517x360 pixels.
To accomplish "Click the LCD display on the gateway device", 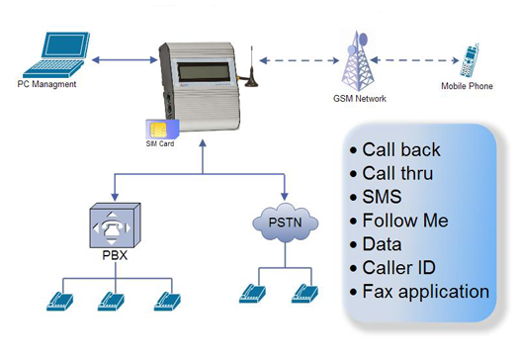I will (206, 78).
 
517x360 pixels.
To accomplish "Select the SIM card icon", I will (157, 128).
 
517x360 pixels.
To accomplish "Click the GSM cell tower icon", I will (357, 58).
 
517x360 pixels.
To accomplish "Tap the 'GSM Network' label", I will (359, 101).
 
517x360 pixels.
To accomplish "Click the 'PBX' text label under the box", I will (114, 263).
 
